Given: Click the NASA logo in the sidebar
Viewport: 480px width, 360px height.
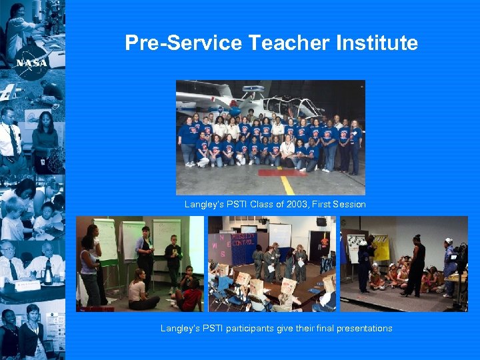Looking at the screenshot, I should click(x=31, y=61).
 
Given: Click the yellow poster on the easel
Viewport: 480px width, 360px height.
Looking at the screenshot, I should click(x=381, y=249).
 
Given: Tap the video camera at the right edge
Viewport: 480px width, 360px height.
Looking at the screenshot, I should click(x=459, y=257).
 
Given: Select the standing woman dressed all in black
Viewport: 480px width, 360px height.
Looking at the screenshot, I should click(x=415, y=264).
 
